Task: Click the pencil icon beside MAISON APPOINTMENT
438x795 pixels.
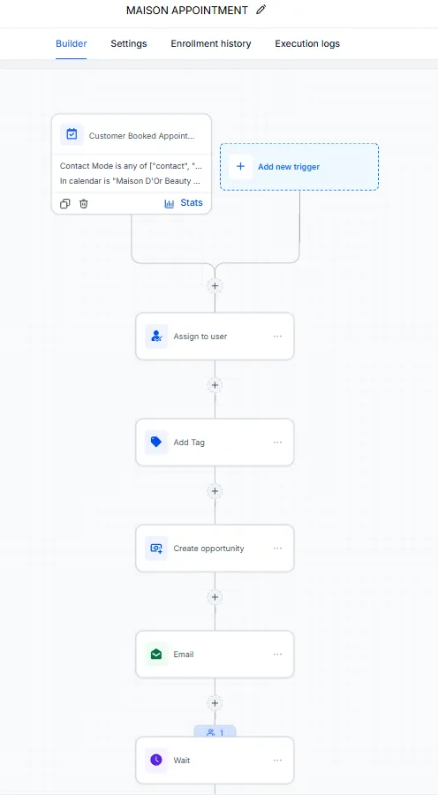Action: click(x=261, y=10)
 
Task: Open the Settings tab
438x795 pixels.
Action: click(x=129, y=43)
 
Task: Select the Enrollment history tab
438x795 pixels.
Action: click(x=211, y=43)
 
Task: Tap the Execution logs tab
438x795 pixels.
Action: click(x=307, y=43)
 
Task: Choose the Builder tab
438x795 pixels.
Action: click(x=71, y=43)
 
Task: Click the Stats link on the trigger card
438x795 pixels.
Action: click(x=184, y=203)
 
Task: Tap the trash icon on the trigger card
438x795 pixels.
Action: click(x=84, y=204)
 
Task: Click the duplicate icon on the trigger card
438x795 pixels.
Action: click(x=64, y=204)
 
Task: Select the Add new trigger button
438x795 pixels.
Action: click(x=299, y=167)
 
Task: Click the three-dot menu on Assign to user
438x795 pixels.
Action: click(x=277, y=337)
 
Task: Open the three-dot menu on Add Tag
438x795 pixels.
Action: click(x=277, y=443)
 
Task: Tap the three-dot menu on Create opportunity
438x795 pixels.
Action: click(x=277, y=548)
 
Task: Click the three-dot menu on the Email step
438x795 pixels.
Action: click(x=277, y=654)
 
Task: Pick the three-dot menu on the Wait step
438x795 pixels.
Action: click(x=277, y=760)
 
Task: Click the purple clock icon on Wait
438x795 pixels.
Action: click(x=156, y=760)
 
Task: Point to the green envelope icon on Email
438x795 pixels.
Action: click(x=156, y=654)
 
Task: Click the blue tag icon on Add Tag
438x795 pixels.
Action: click(x=156, y=443)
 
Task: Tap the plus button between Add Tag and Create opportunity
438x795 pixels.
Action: click(x=215, y=491)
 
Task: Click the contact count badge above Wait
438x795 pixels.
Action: click(x=215, y=732)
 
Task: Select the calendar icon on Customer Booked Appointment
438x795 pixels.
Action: click(x=72, y=135)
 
